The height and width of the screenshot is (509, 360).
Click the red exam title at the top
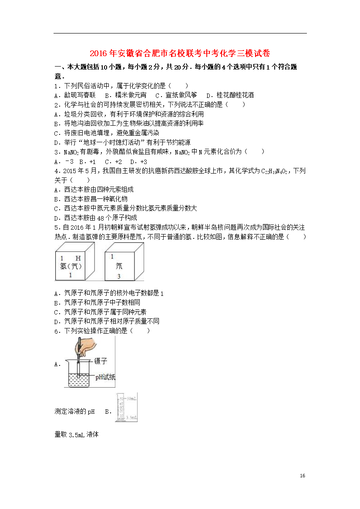click(180, 54)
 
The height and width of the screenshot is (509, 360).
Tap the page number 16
click(303, 476)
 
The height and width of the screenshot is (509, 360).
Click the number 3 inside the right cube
click(118, 276)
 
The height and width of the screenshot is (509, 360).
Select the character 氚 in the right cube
click(119, 266)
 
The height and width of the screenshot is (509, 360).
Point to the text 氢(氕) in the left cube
click(71, 266)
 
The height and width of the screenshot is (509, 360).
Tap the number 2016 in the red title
click(99, 54)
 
